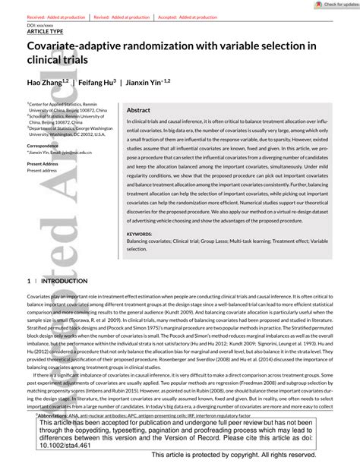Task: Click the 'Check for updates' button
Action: pyautogui.click(x=334, y=5)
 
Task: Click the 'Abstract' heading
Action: pyautogui.click(x=138, y=110)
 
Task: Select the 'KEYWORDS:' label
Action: pyautogui.click(x=139, y=235)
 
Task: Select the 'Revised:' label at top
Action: pyautogui.click(x=101, y=17)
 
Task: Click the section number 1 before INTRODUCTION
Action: pyautogui.click(x=28, y=281)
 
